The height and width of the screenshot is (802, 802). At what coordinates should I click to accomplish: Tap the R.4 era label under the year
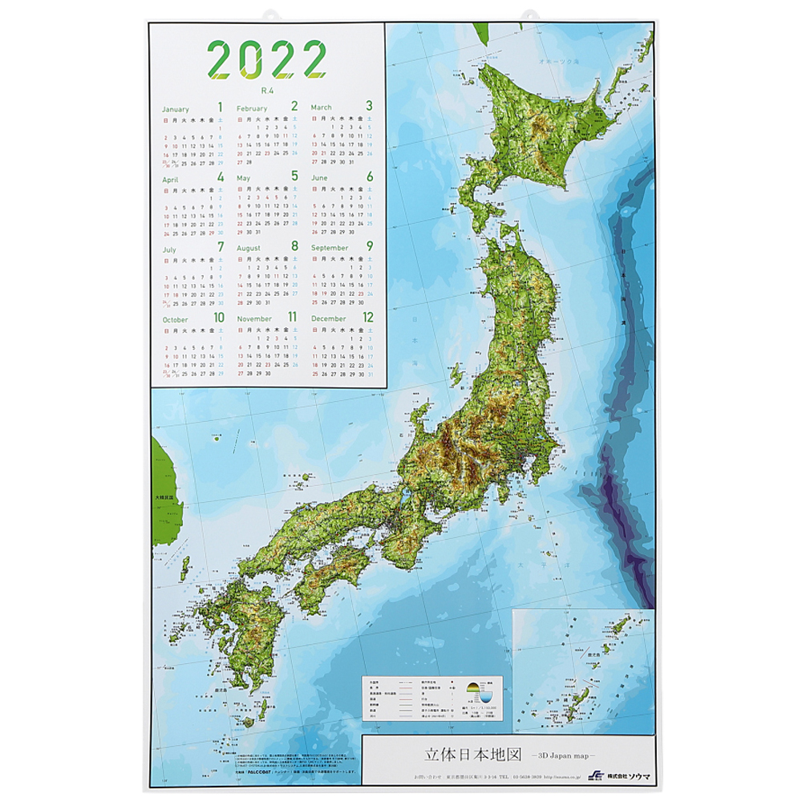(267, 91)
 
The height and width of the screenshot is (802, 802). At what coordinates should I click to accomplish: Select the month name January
(176, 109)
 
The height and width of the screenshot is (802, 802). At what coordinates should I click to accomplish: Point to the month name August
(249, 249)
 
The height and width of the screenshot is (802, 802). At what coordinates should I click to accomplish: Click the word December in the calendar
(329, 319)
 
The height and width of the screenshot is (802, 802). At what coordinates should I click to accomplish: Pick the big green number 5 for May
(294, 176)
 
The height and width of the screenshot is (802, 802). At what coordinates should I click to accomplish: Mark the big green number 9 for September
(369, 247)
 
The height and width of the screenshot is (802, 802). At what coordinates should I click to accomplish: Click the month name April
(171, 179)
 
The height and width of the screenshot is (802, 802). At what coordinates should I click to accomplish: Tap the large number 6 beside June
(369, 176)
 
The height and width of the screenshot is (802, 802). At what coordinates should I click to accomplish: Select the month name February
(252, 108)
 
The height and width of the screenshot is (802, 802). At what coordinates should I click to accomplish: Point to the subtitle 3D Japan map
(558, 756)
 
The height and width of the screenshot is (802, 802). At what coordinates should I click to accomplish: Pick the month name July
(169, 249)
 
